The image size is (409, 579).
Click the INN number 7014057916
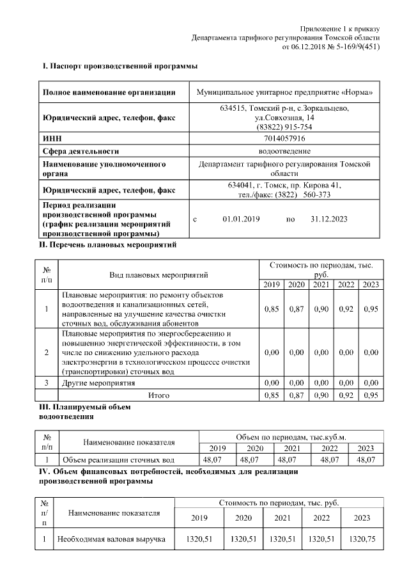[284, 138]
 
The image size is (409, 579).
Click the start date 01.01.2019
[241, 219]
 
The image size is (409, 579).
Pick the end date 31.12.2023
[328, 219]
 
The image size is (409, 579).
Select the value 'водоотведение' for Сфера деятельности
[284, 151]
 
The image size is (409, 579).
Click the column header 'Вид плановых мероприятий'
[159, 275]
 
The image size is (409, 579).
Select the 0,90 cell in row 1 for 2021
[321, 310]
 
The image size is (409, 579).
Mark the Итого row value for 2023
[371, 396]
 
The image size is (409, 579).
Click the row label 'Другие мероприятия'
[98, 383]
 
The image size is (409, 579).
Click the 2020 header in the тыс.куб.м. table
[255, 448]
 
